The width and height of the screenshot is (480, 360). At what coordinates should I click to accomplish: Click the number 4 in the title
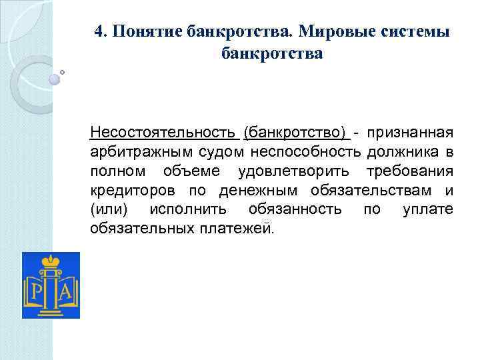pos(99,33)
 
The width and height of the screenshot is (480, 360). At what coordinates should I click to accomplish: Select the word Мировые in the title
pos(341,33)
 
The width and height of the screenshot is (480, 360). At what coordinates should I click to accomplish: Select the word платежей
pos(239,229)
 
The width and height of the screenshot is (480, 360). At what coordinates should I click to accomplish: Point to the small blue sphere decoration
pos(54,79)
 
